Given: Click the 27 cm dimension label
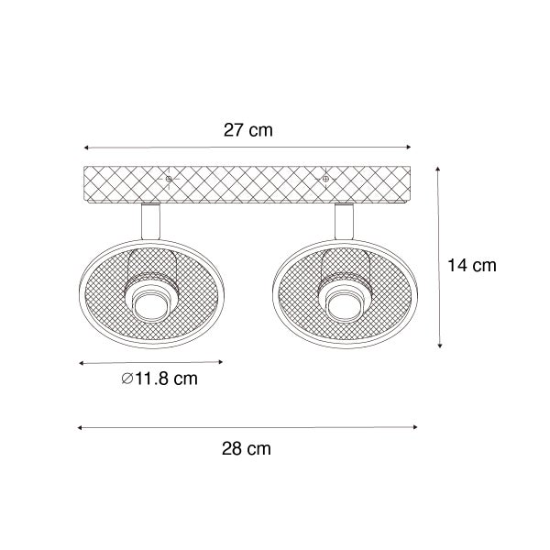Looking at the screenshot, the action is click(x=248, y=130).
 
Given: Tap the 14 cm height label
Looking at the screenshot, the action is click(x=472, y=265).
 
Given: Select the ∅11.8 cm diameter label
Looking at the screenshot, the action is click(x=159, y=379).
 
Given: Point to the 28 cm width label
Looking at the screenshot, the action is click(x=247, y=448).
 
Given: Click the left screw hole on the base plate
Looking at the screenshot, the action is click(x=169, y=179).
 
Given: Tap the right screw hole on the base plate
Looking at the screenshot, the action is click(x=325, y=179).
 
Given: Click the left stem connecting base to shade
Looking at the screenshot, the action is click(x=150, y=222).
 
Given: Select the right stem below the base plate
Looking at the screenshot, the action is click(x=344, y=222).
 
